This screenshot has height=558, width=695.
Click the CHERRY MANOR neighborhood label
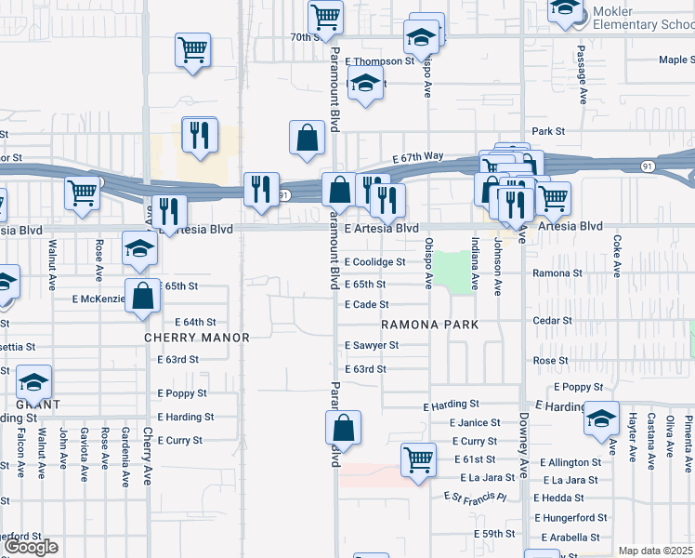point(197,338)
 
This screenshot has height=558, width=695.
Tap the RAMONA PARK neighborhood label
point(430,325)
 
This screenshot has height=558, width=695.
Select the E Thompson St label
point(379,61)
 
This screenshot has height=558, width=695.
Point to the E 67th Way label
point(417,158)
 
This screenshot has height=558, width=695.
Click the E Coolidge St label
point(374,262)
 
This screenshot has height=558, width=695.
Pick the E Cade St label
point(366,304)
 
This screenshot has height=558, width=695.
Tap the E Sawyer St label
point(371,345)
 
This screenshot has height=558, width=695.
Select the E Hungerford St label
point(570,517)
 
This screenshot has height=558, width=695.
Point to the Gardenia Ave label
point(125,457)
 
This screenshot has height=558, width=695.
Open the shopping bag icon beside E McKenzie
point(145,297)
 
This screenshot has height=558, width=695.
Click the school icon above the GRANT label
point(34,382)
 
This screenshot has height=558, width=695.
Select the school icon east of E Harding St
point(601,419)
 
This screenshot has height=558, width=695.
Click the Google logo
point(31,547)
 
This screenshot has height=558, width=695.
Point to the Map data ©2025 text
point(656,551)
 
